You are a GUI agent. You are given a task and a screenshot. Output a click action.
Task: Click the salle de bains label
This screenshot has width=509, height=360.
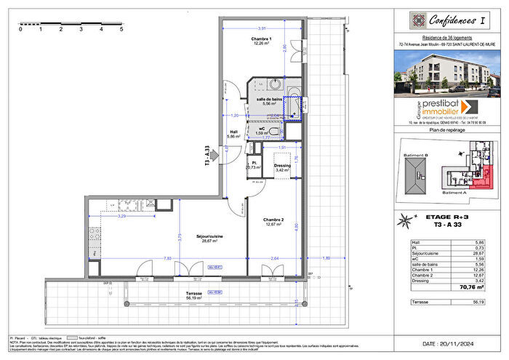[268, 99]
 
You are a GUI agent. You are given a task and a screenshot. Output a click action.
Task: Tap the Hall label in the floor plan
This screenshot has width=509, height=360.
[233, 133]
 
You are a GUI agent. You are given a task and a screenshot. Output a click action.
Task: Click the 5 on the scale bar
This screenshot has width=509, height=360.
[121, 31]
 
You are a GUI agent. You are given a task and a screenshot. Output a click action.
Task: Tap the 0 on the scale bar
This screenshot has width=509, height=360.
[20, 31]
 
